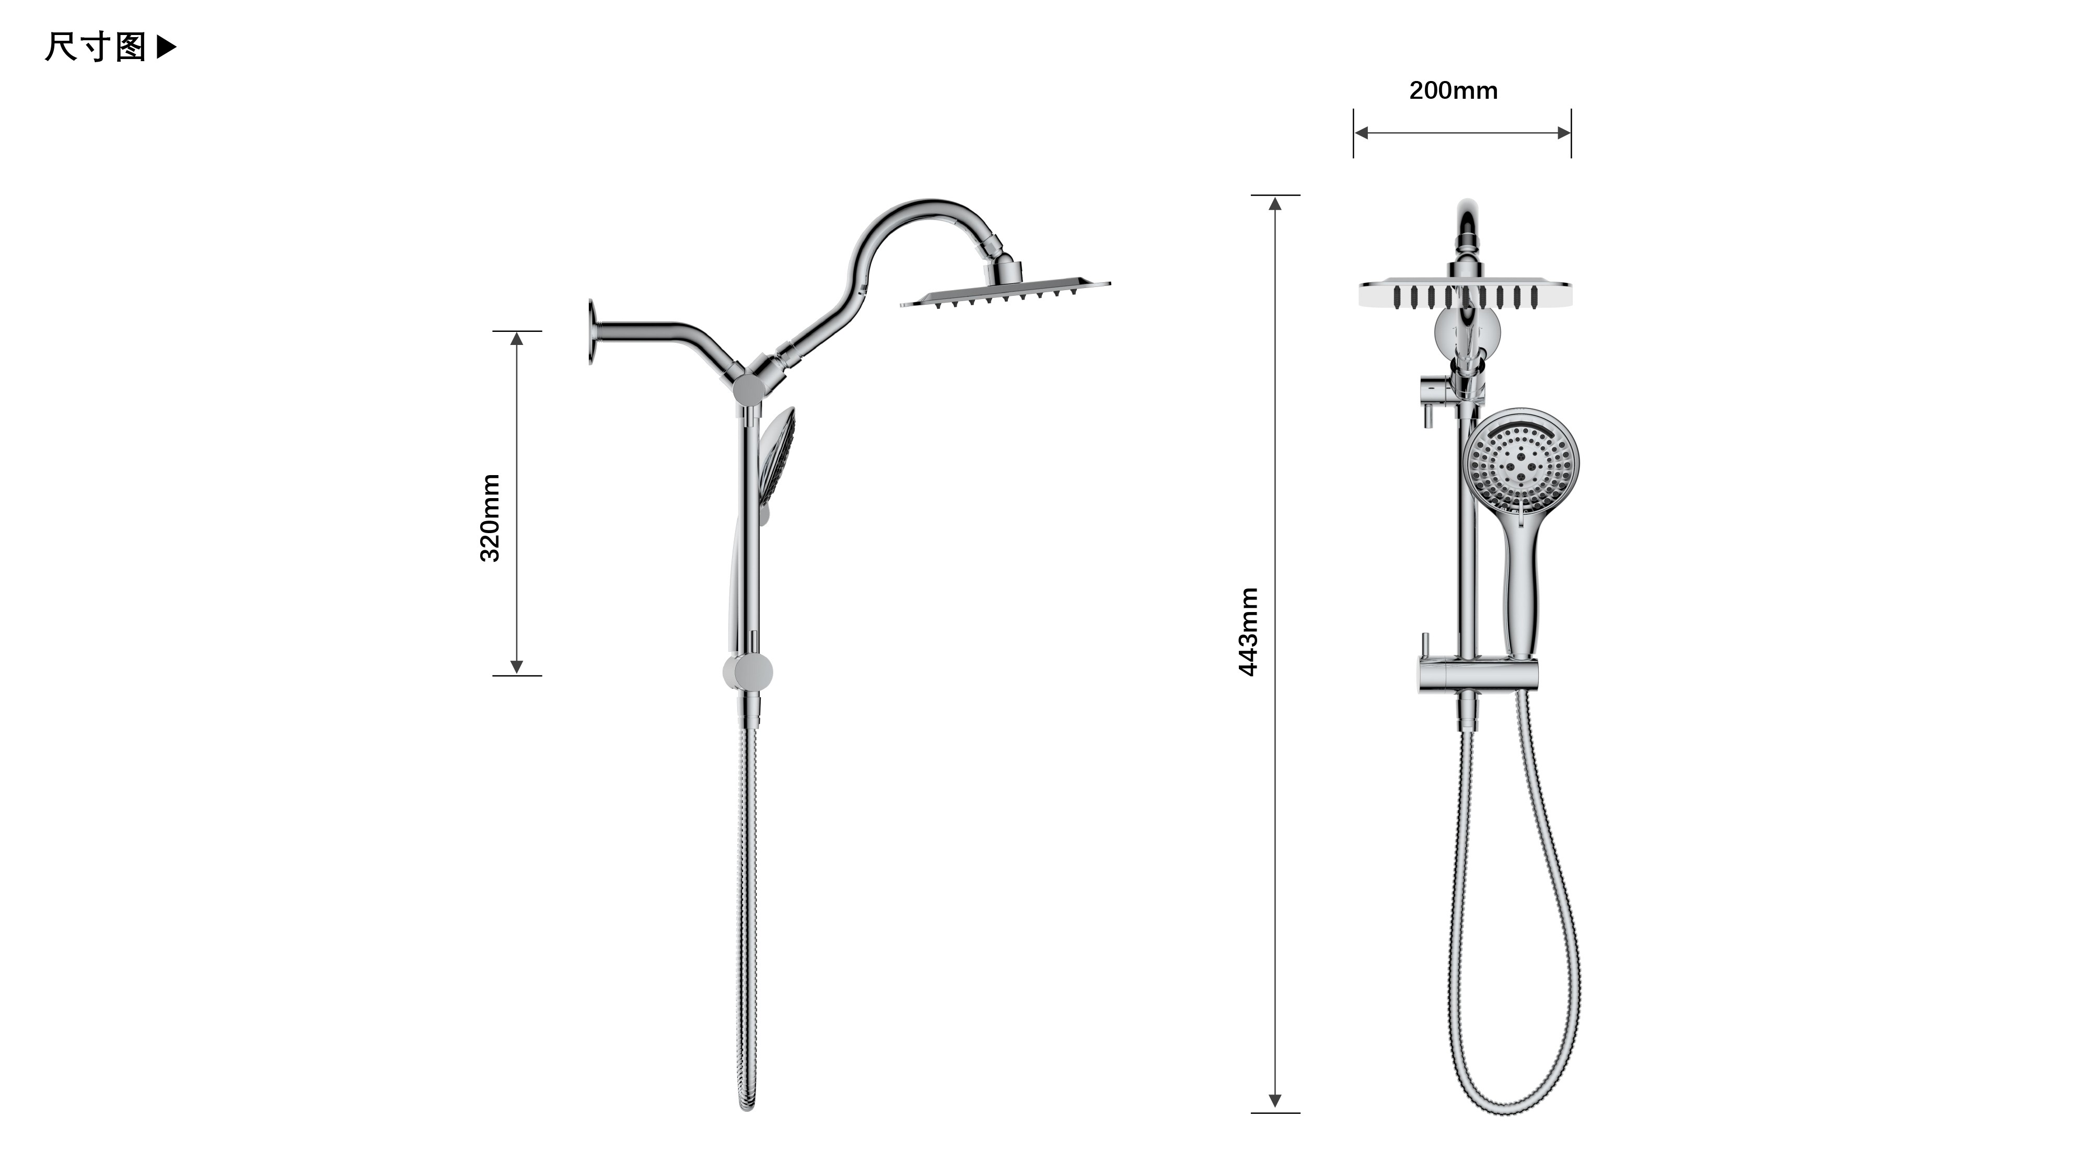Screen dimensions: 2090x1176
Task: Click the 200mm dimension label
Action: [x=1453, y=90]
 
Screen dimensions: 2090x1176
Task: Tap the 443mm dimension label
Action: [x=1249, y=631]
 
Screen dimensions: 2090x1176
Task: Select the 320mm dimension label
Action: [x=490, y=518]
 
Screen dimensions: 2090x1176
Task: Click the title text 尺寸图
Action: [x=96, y=47]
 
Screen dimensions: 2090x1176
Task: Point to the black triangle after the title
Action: [x=166, y=47]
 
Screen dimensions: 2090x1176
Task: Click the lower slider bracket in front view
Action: [x=1478, y=675]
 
